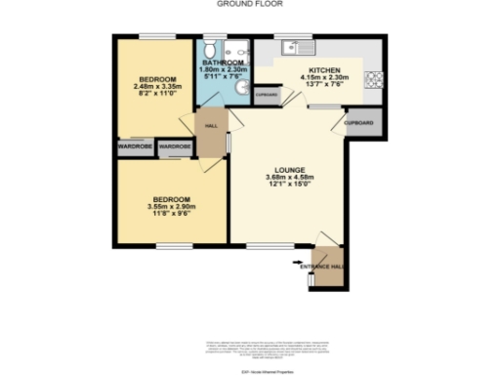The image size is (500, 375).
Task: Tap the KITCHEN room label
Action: click(323, 71)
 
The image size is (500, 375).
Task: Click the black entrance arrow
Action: click(298, 262)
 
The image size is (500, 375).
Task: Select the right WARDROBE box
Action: click(176, 146)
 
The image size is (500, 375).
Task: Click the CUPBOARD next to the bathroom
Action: click(267, 94)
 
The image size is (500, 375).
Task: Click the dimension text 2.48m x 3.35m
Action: click(157, 85)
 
